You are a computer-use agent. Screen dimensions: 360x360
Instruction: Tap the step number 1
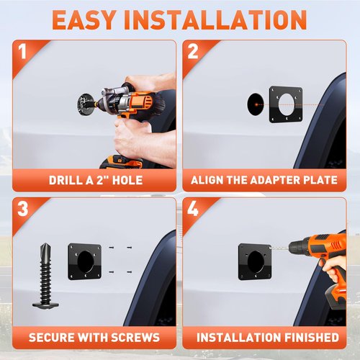pos(22,51)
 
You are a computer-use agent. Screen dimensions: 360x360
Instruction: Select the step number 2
pos(193,51)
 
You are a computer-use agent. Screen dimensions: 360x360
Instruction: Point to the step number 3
pos(23,208)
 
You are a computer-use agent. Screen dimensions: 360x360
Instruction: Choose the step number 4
pos(193,208)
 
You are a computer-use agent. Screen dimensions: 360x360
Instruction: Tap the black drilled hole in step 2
pos(256,104)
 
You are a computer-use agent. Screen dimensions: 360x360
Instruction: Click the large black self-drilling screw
pos(45,275)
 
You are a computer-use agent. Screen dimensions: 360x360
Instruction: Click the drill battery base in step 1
pos(121,162)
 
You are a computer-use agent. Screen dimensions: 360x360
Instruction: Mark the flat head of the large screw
pos(45,305)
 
